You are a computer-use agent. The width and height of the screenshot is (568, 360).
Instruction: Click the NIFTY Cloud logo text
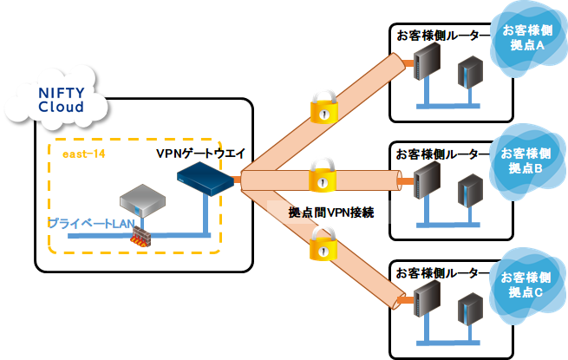pos(61,100)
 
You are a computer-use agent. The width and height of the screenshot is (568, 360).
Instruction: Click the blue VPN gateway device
pos(206,180)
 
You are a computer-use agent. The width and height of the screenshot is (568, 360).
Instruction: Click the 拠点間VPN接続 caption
pos(332,211)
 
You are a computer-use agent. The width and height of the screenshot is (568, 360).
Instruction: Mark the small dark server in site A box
pos(470,69)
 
